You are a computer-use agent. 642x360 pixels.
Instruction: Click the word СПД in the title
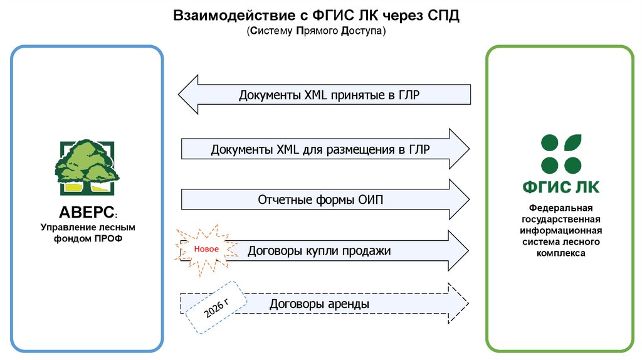443,16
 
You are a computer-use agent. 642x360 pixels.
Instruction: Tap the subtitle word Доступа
363,31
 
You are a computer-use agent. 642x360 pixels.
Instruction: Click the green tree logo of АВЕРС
87,167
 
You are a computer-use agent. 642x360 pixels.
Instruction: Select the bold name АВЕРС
87,212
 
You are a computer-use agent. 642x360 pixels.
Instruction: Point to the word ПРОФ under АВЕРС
108,238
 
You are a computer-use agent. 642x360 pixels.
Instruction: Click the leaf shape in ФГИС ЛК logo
573,142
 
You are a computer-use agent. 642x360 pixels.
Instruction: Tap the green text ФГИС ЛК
561,187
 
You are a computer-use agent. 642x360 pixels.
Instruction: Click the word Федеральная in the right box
561,208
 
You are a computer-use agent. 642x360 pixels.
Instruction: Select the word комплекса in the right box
561,253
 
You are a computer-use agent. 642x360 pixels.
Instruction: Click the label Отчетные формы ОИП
320,200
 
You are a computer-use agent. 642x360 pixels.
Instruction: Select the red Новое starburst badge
206,249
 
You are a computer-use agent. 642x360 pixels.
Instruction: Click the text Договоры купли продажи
319,251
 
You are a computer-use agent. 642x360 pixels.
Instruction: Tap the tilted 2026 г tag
216,307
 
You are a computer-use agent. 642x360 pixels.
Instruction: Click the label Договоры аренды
319,304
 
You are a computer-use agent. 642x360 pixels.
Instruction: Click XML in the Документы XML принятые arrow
316,95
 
